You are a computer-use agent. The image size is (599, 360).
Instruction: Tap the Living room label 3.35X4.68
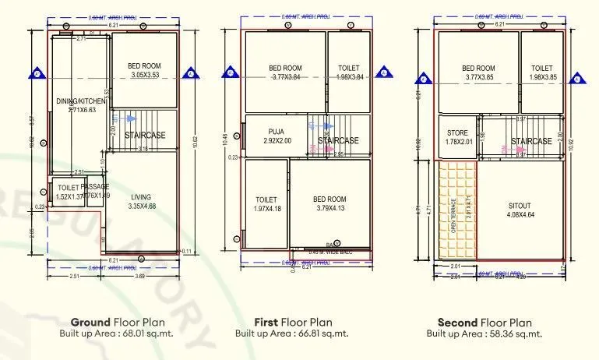click(x=141, y=201)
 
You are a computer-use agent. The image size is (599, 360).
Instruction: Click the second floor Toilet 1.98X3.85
click(x=542, y=72)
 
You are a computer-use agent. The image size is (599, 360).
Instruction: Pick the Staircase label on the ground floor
click(x=146, y=135)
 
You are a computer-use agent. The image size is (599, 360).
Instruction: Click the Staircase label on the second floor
click(x=531, y=141)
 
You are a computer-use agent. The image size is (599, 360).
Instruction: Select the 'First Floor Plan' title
click(x=293, y=321)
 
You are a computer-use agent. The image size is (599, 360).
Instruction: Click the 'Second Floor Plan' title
click(x=484, y=321)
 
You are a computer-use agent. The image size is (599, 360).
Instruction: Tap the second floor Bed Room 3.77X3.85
click(x=479, y=72)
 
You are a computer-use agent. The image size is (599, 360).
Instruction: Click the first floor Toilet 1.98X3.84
click(x=349, y=72)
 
